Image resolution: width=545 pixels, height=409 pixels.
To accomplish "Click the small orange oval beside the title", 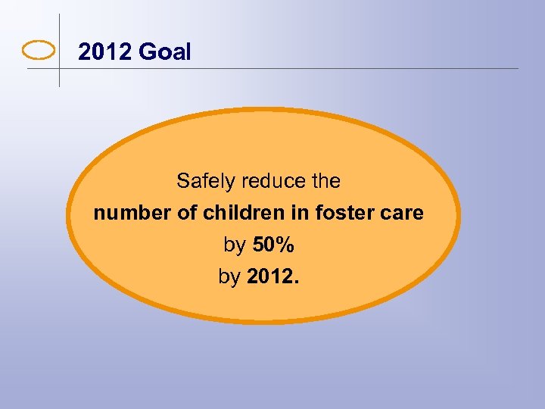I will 39,51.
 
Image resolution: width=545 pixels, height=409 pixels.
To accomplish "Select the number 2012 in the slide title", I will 106,52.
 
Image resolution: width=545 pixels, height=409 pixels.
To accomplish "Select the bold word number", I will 132,214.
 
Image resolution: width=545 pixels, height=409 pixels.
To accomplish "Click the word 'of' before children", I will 188,214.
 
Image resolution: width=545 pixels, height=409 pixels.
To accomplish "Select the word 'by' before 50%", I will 234,246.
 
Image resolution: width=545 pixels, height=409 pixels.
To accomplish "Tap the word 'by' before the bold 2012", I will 229,278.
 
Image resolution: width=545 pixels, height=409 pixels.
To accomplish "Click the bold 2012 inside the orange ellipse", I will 272,277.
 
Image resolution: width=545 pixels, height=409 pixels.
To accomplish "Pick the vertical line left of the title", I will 59,30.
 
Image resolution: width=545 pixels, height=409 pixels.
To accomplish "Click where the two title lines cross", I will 59,69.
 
